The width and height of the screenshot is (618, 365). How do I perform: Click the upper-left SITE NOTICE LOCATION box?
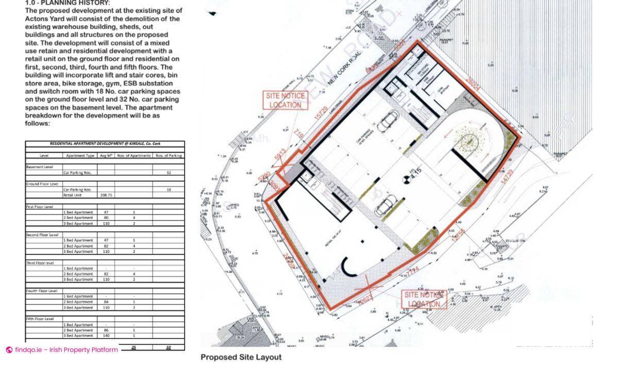click(x=285, y=100)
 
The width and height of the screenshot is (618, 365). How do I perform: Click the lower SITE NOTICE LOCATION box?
click(x=423, y=299)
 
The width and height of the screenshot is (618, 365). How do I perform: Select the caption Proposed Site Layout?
click(x=241, y=357)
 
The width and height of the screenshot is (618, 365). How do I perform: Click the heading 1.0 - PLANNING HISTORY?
click(x=67, y=3)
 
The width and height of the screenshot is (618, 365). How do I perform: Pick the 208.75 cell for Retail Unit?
click(x=106, y=195)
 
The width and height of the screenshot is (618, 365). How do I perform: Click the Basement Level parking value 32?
click(x=168, y=172)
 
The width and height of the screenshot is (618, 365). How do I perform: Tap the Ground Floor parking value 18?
click(x=168, y=189)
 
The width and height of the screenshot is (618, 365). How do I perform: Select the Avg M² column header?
click(x=106, y=155)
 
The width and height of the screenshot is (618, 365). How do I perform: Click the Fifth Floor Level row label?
click(x=40, y=319)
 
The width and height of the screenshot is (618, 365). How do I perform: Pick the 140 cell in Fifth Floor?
click(x=106, y=336)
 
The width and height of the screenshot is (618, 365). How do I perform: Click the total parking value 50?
click(x=168, y=347)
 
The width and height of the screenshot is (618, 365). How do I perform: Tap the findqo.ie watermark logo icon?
click(x=9, y=350)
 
